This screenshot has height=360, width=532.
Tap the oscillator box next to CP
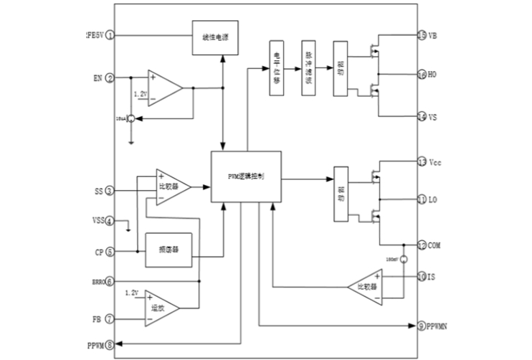click(x=168, y=251)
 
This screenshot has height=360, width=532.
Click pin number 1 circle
click(x=110, y=35)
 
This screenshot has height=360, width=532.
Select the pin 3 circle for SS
click(x=110, y=191)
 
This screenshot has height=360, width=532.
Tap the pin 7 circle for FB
click(x=110, y=318)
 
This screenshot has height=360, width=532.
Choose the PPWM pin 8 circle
click(x=110, y=345)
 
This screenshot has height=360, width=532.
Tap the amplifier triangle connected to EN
click(x=163, y=87)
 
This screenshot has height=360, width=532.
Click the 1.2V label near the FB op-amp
click(x=131, y=293)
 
